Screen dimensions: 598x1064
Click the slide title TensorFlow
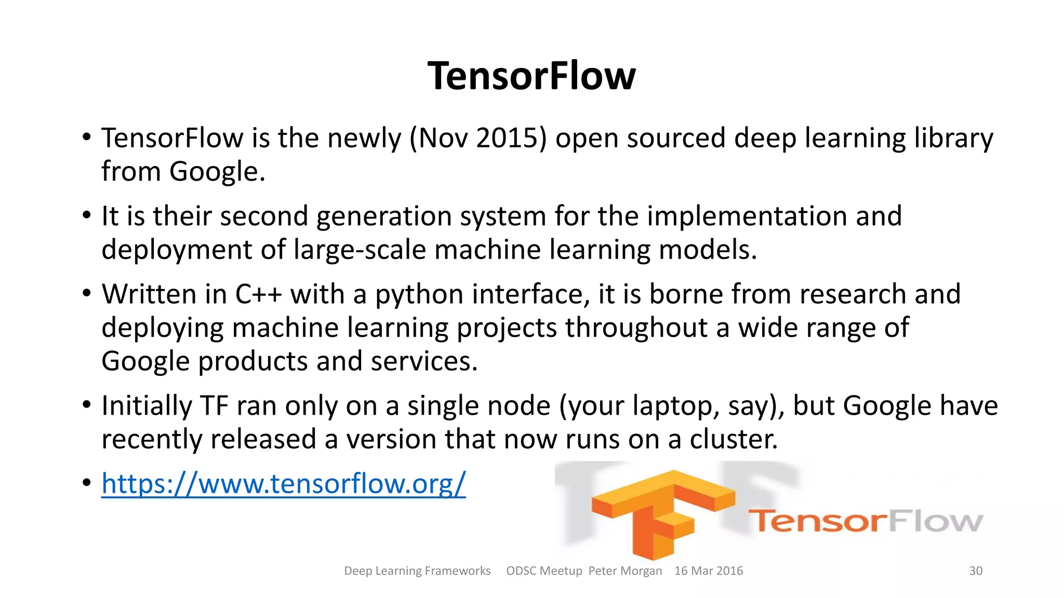coord(531,76)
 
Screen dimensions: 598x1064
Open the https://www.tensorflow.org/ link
coord(284,483)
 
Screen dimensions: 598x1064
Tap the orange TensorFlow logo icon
coord(662,511)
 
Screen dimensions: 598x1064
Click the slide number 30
coord(976,570)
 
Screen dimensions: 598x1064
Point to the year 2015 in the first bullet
coord(507,138)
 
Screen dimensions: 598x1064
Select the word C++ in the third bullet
coord(258,294)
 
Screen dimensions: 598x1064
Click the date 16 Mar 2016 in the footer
coord(709,570)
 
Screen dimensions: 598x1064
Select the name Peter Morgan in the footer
coord(625,570)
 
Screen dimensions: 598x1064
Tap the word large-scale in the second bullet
coord(360,250)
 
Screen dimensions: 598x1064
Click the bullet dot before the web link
coord(87,483)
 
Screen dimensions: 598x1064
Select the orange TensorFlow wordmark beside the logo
coord(865,521)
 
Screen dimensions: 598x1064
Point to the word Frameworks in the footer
coord(458,570)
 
